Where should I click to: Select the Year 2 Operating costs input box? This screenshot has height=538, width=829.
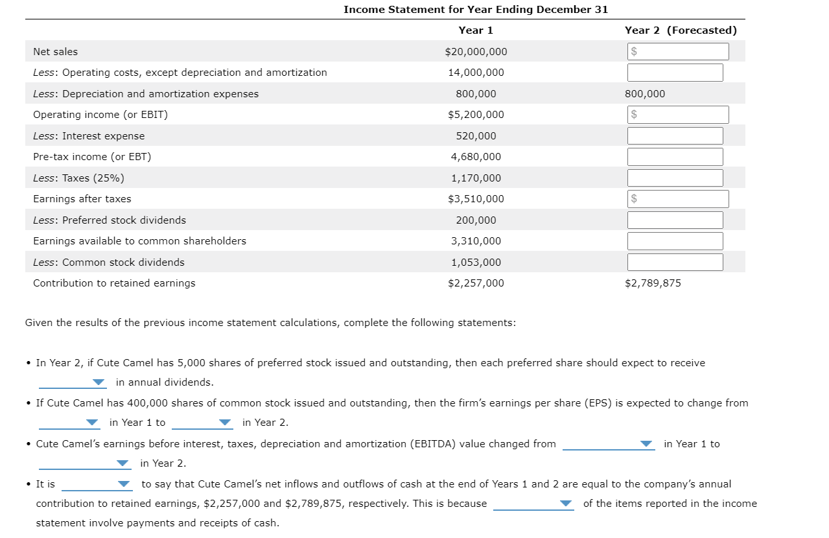675,73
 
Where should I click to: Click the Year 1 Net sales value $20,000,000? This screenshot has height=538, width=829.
476,52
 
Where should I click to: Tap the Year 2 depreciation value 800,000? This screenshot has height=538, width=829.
645,94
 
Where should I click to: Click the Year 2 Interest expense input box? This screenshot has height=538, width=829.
675,136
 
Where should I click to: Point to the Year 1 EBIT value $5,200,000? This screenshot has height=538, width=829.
476,115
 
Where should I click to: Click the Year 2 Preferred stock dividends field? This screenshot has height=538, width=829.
675,220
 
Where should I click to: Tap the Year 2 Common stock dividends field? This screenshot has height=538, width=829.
675,263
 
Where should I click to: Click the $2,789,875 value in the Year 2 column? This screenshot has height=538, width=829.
653,283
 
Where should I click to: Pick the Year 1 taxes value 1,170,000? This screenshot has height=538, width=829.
476,178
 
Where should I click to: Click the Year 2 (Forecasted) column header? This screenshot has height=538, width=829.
681,30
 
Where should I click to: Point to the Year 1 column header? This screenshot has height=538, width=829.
476,30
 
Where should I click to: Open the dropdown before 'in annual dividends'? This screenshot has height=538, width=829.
72,382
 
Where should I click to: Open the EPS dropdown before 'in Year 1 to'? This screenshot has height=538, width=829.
70,423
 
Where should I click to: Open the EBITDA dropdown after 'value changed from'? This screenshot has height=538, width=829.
609,444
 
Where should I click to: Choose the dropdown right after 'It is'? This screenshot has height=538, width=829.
97,484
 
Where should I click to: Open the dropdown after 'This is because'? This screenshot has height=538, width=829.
533,504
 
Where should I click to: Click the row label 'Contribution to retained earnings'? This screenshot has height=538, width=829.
114,283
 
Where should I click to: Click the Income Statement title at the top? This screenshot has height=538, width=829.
476,10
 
